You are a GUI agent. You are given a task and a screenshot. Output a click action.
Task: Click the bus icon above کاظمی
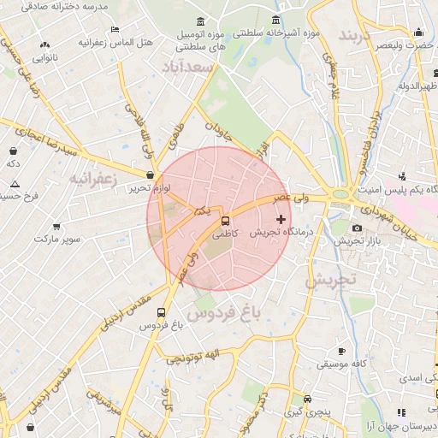tap(225, 220)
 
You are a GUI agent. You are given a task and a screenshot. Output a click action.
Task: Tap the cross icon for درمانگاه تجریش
tap(281, 219)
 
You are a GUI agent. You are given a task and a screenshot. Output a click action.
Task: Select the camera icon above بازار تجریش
tap(357, 228)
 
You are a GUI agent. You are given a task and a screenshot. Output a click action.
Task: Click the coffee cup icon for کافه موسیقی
tap(341, 351)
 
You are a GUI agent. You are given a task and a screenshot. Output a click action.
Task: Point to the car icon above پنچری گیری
tap(307, 399)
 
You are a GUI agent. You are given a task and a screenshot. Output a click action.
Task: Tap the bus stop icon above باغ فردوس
tap(163, 312)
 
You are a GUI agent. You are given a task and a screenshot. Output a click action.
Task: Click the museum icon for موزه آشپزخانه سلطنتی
tap(275, 21)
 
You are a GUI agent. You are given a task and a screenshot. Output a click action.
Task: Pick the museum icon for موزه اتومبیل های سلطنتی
tap(200, 21)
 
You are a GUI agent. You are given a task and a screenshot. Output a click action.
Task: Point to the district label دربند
tap(358, 36)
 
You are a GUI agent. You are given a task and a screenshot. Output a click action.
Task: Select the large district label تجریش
tap(329, 280)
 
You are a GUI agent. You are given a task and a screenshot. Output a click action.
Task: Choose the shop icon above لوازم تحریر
tap(151, 175)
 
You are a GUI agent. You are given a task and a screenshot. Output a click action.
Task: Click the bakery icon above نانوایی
tap(44, 44)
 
